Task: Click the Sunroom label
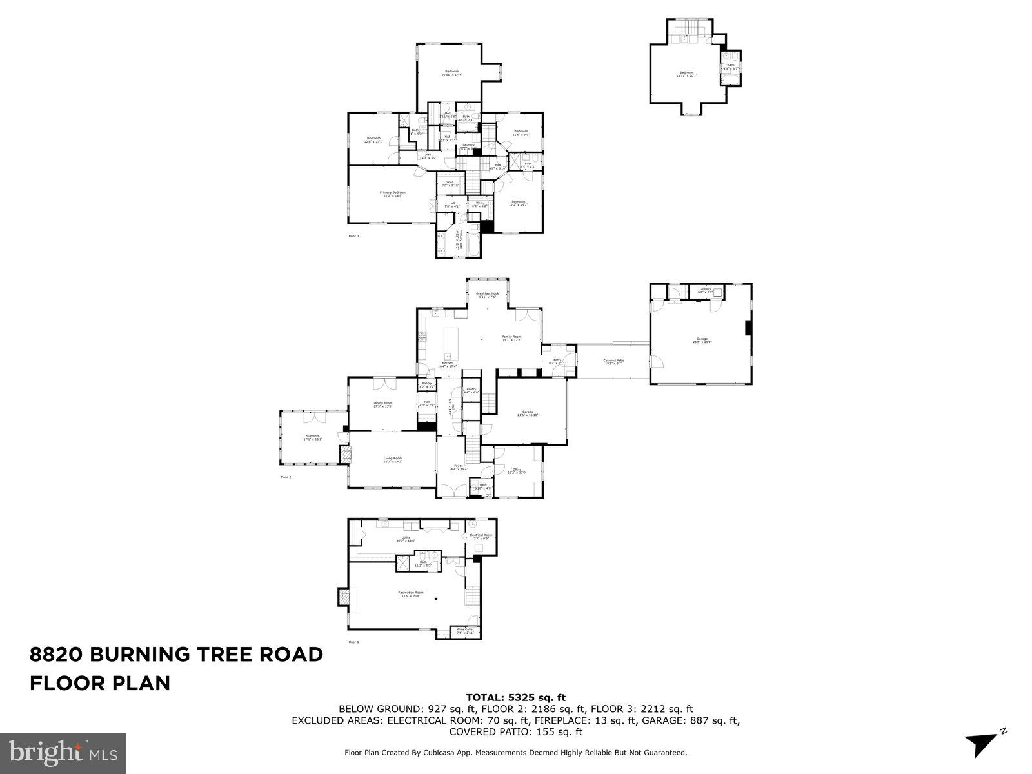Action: coord(313,438)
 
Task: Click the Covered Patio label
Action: coord(613,362)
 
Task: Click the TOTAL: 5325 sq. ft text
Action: coord(515,697)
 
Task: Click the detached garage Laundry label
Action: coord(704,290)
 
